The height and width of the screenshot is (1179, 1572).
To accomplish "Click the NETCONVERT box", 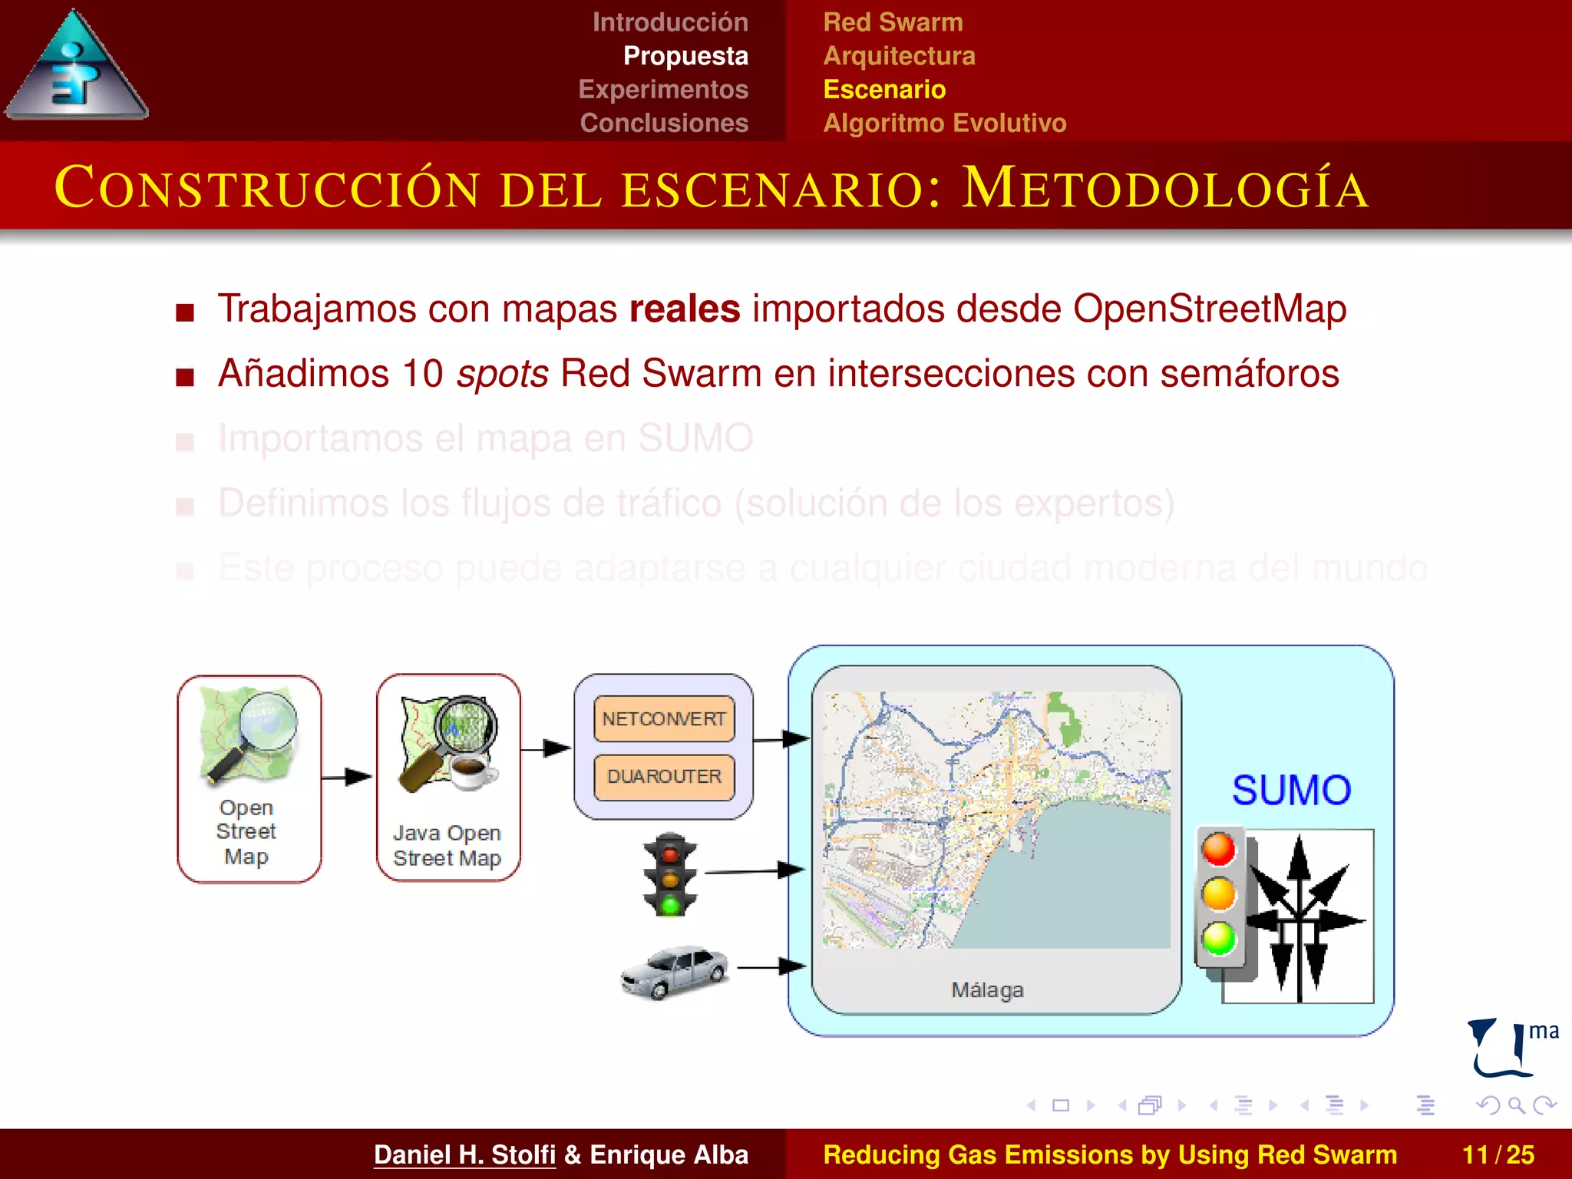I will (664, 718).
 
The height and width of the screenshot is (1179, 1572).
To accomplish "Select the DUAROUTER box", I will (664, 777).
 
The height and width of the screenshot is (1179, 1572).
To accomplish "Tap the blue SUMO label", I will (1291, 791).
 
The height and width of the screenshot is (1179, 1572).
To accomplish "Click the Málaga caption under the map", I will (987, 990).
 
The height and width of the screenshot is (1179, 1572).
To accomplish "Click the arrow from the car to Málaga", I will (771, 967).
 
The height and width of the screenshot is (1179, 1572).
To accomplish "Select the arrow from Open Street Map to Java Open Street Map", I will (348, 777).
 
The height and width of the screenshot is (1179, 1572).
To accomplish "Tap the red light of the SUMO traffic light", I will (1219, 850).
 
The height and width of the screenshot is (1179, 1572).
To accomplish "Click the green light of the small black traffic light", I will (670, 905).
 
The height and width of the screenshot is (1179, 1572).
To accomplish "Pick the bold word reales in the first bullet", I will (684, 309).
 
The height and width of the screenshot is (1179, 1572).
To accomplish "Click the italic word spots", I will (502, 375).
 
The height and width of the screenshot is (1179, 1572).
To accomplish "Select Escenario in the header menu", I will (884, 90).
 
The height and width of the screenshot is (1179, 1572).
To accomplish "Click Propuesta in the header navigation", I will (685, 56).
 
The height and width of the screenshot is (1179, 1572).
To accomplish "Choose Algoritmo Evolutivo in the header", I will (944, 123).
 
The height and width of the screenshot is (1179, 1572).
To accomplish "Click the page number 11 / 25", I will (1498, 1154).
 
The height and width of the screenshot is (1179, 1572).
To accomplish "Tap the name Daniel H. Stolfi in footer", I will (464, 1154).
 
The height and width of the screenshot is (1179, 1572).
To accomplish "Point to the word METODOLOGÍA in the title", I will (1165, 188).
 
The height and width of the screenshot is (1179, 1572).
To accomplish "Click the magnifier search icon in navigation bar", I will (1516, 1105).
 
